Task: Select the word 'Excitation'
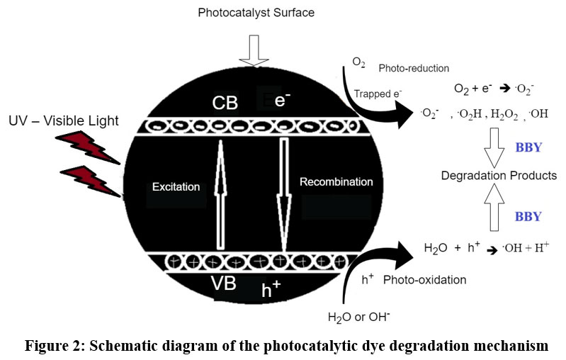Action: tap(176, 187)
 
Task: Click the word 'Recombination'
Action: tap(336, 182)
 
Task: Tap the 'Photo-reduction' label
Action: tap(414, 68)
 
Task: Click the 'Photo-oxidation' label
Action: tap(425, 279)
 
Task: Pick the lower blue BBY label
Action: tap(529, 216)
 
